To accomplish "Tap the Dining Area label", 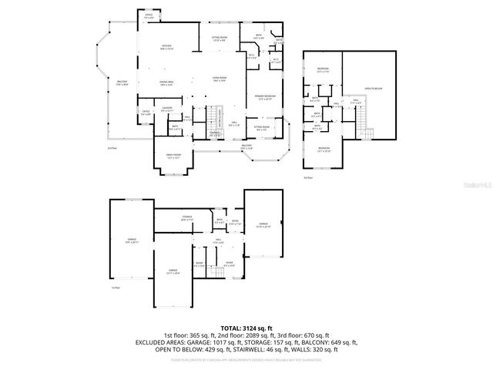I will (166, 82).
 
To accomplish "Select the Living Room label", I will (220, 78).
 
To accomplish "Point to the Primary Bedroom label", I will (266, 96).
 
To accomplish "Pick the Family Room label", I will (173, 155).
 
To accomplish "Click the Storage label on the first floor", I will (187, 217).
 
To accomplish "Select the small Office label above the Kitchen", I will (148, 15).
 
